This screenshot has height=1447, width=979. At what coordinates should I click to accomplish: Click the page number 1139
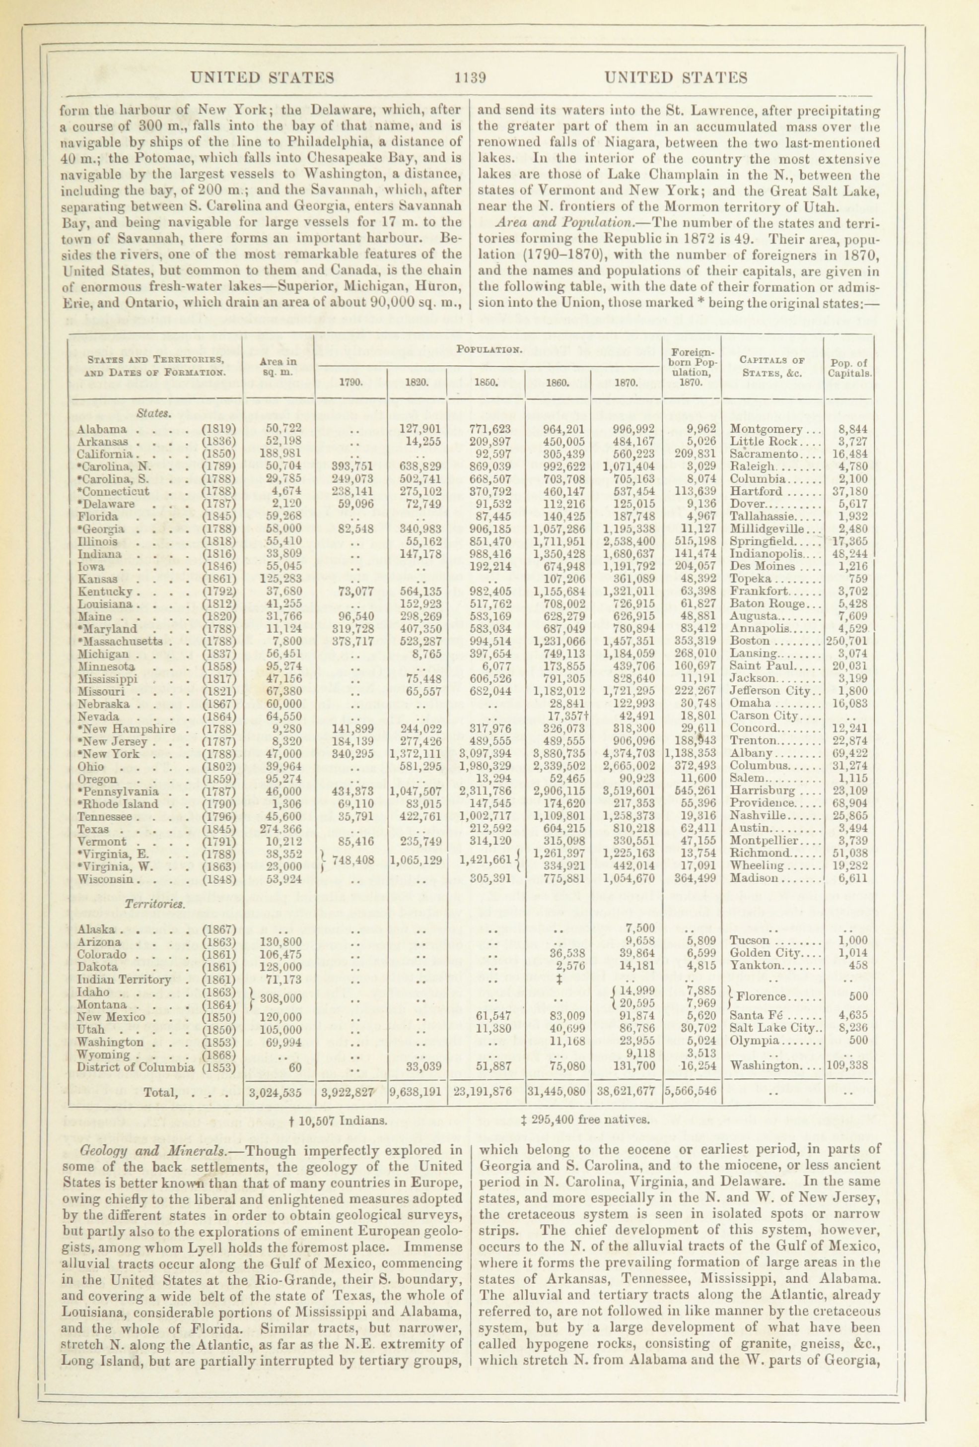coord(470,78)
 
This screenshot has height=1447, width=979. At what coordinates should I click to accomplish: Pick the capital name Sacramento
coord(761,454)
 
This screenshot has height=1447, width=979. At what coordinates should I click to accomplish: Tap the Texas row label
coord(93,829)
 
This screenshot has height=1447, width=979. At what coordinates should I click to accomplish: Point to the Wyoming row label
coord(103,1053)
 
